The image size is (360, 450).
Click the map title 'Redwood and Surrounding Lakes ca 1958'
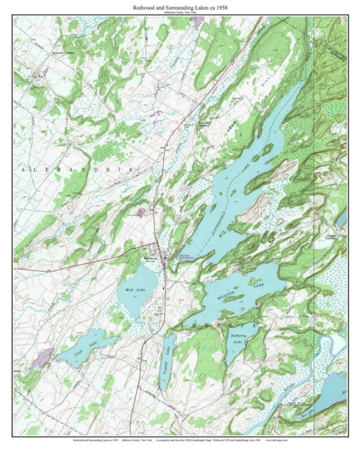pos(180,7)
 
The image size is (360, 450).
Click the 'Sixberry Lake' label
pos(238,339)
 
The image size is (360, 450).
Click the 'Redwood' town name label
pos(150,258)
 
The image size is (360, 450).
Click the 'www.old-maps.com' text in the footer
pos(277,440)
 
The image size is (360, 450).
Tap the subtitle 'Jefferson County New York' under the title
pos(180,12)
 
